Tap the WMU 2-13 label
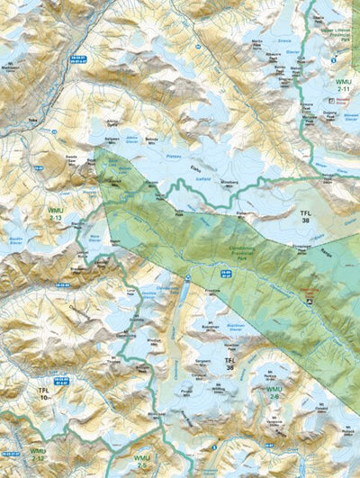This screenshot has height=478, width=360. (x=55, y=214)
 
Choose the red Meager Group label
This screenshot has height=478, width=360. (x=309, y=293)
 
